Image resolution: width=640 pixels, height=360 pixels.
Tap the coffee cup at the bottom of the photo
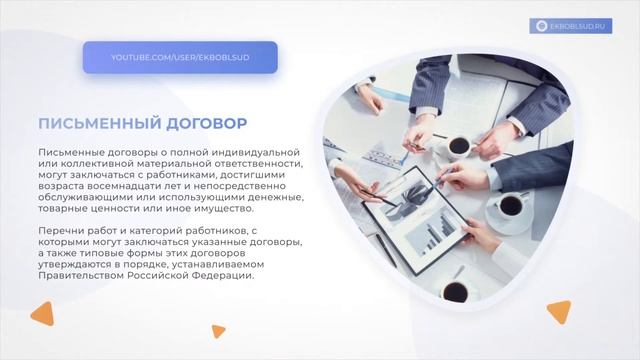(456, 290)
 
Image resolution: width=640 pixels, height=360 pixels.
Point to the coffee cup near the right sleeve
(510, 204)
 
